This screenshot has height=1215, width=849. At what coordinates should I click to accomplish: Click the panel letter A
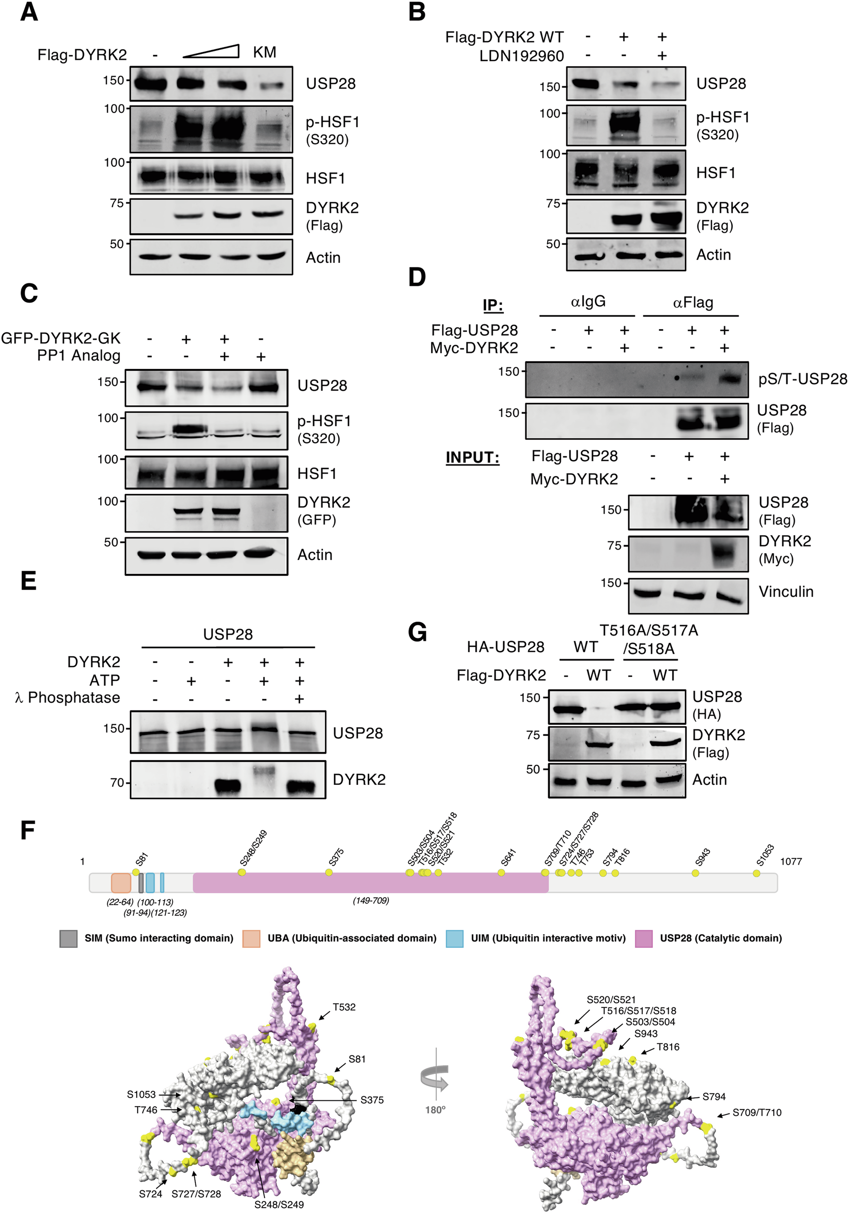tap(29, 12)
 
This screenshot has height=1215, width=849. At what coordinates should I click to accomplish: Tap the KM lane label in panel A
tap(264, 52)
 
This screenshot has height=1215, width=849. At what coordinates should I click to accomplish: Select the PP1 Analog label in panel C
tap(78, 356)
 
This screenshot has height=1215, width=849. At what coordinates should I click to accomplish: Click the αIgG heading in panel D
tap(588, 302)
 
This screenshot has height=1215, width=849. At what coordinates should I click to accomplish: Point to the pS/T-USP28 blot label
tap(802, 379)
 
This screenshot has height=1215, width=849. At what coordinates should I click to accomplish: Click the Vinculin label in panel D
tap(785, 591)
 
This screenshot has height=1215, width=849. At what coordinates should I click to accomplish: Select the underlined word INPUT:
tap(472, 457)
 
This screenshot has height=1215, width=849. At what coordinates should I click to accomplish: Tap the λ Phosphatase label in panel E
tap(67, 698)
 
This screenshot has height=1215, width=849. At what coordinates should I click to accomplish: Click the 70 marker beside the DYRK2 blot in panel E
tap(117, 782)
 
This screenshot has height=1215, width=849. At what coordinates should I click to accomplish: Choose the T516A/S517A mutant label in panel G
tap(648, 631)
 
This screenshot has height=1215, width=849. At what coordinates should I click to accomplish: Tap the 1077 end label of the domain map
tap(790, 862)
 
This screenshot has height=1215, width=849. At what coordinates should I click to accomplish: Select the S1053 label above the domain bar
tap(765, 855)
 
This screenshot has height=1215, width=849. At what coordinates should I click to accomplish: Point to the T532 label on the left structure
tap(344, 1007)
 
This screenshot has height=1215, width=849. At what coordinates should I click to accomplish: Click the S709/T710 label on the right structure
tap(756, 1113)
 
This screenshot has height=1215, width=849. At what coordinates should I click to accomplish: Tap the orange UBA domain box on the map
tap(121, 883)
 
